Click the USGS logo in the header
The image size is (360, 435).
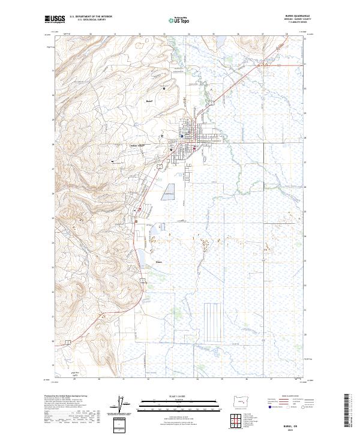55,19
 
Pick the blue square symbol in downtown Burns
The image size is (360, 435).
182,136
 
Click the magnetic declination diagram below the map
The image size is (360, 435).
124,404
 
